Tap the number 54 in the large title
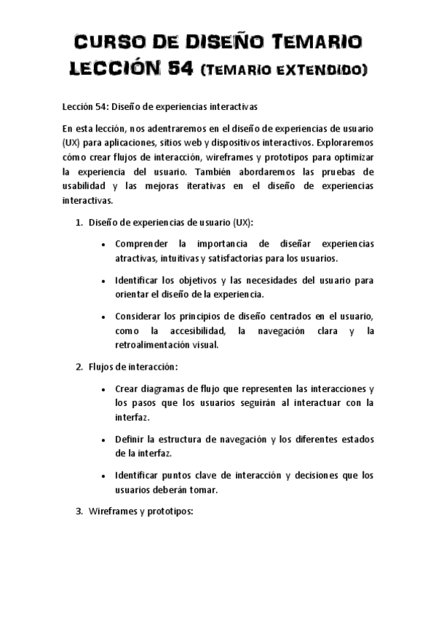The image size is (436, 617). pyautogui.click(x=177, y=69)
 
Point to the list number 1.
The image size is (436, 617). pyautogui.click(x=79, y=223)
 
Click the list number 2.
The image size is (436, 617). pyautogui.click(x=79, y=366)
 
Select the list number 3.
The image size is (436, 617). pyautogui.click(x=79, y=511)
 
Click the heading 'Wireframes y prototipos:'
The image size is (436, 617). pyautogui.click(x=140, y=511)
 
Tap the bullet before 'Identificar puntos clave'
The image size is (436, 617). pyautogui.click(x=106, y=477)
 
